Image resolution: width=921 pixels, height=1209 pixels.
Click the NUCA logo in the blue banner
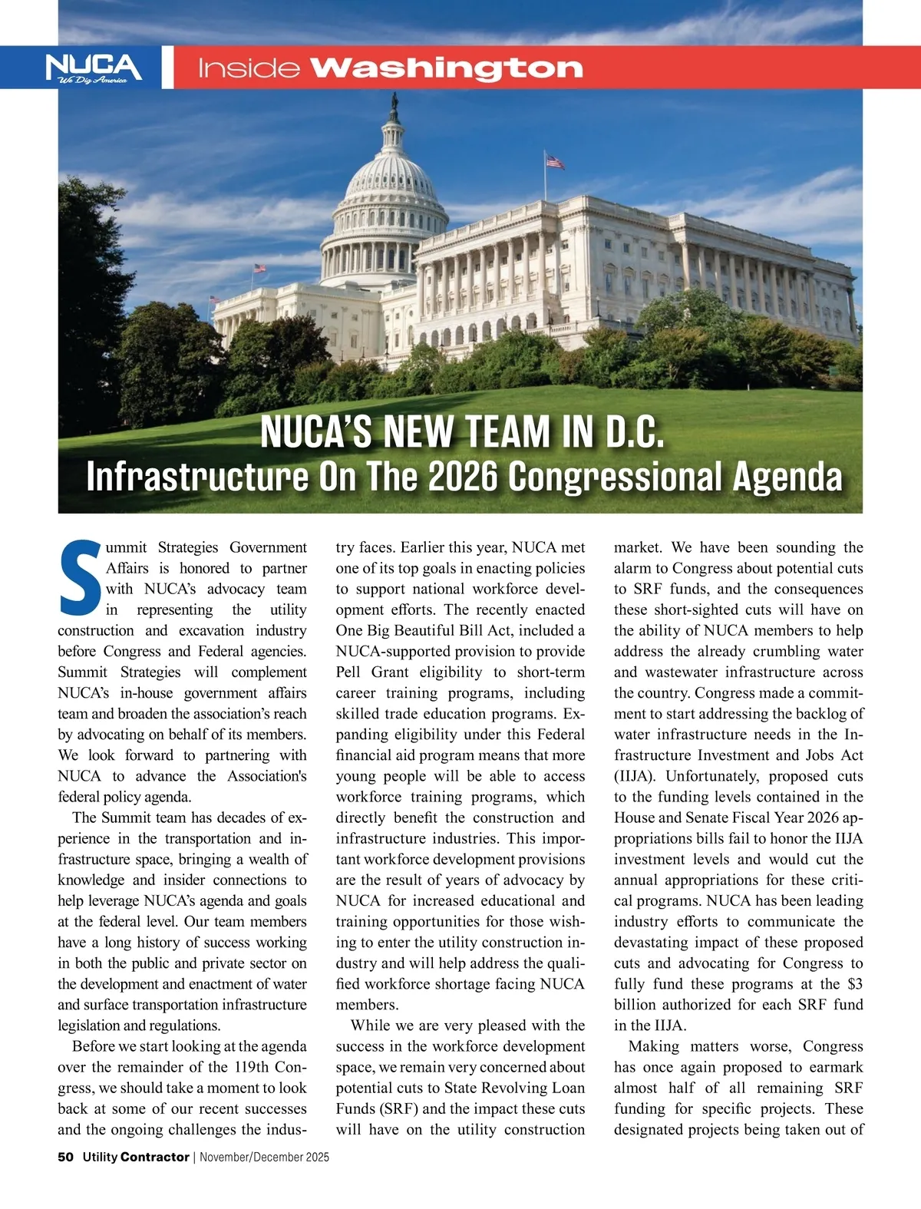point(94,68)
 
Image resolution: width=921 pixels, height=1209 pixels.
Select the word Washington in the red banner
point(447,68)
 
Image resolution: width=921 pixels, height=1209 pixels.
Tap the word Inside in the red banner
point(248,69)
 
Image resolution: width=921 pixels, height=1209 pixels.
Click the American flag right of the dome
point(555,162)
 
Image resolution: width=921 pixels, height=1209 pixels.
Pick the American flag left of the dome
point(260,269)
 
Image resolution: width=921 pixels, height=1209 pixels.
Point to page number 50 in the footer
point(65,1157)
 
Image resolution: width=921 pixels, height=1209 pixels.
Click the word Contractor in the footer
point(155,1157)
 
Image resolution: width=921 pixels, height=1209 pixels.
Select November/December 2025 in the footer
point(265,1157)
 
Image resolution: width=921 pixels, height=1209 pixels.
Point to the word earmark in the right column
point(834,1067)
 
